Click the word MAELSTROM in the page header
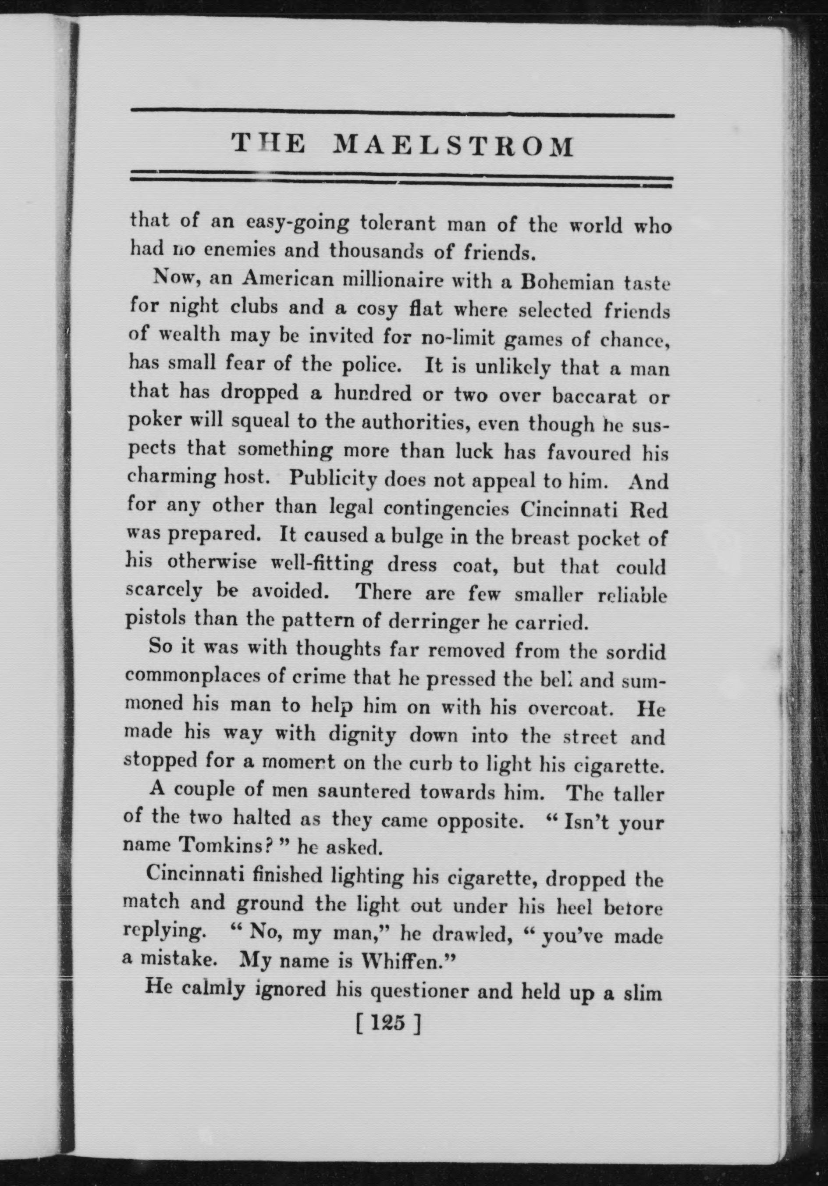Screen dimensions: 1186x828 pos(453,146)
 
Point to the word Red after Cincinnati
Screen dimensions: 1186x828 pos(649,511)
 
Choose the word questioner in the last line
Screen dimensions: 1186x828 pos(402,989)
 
